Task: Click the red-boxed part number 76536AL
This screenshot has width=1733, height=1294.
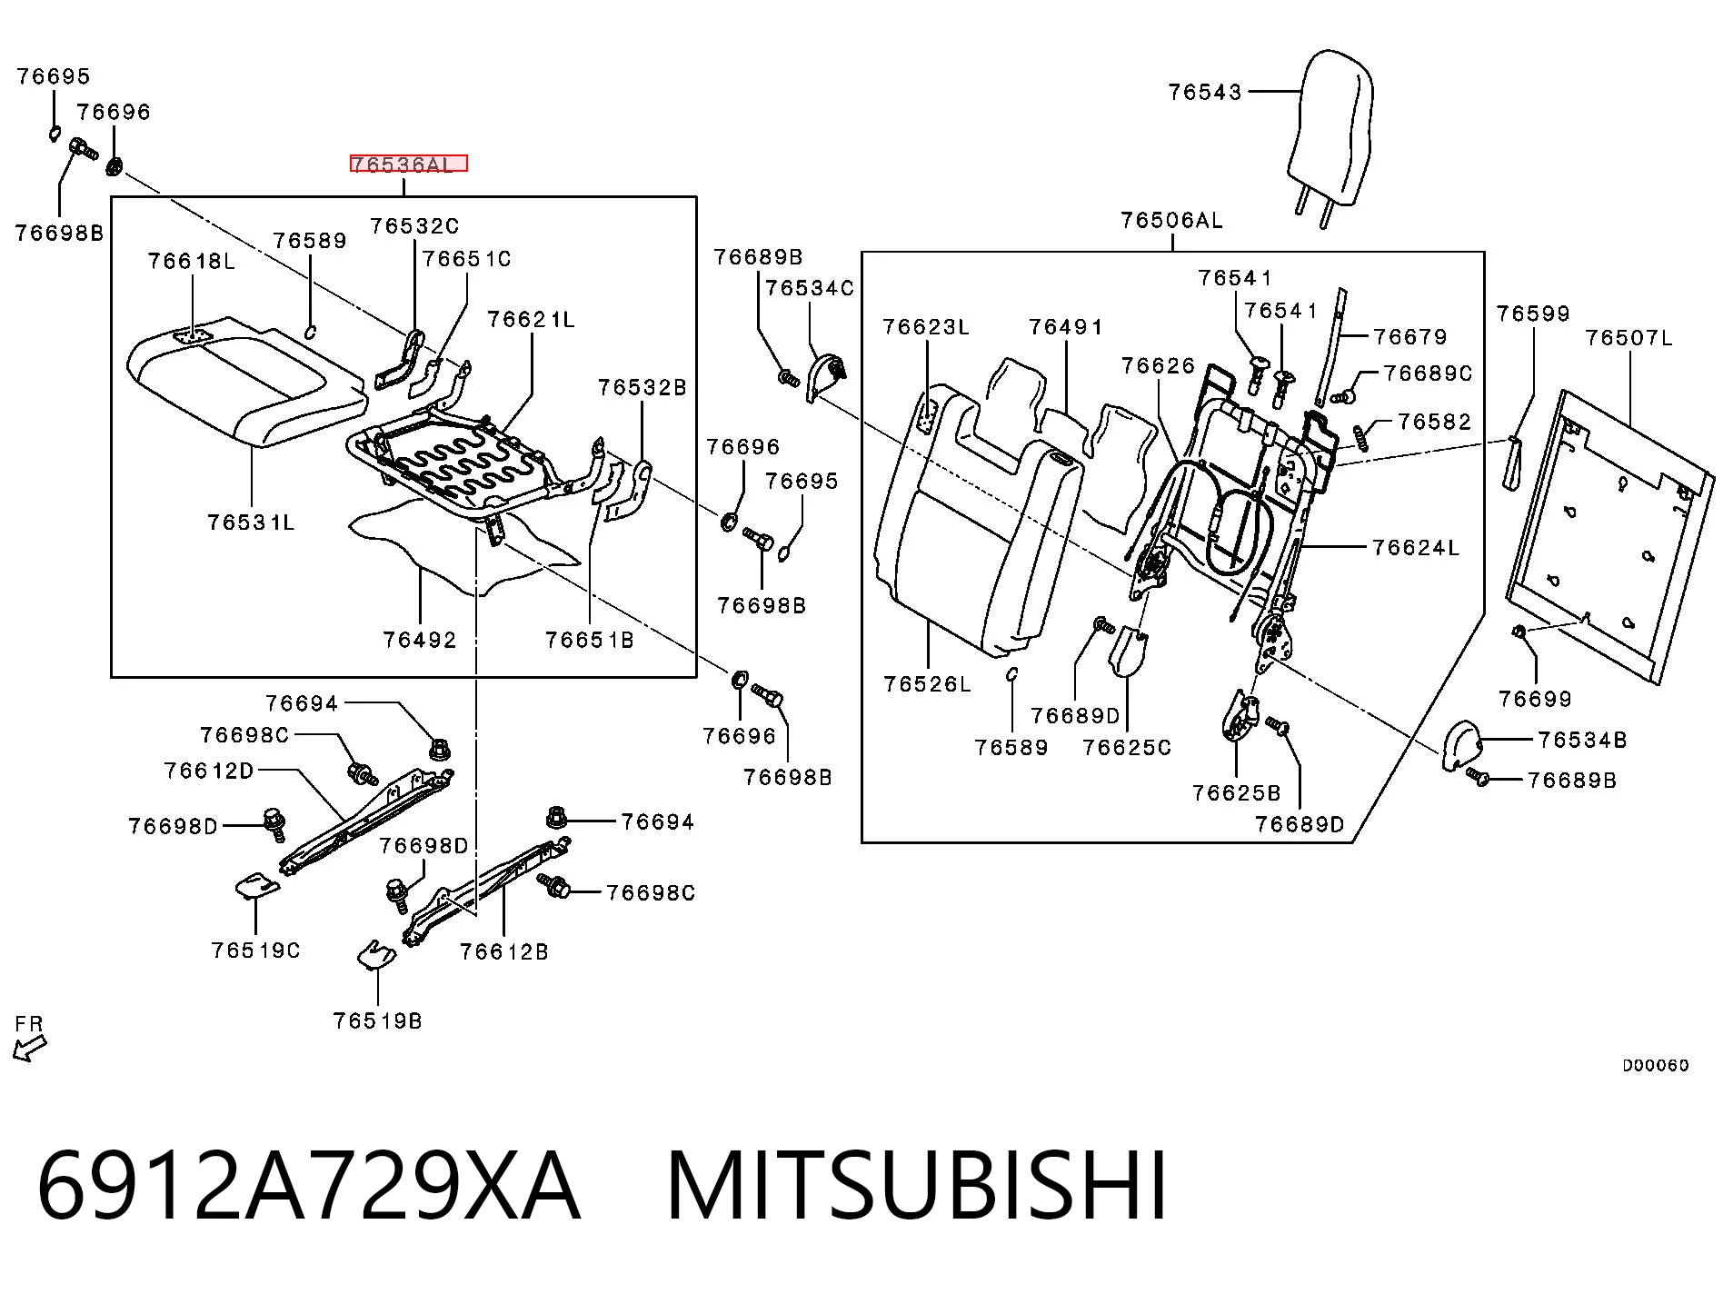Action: pyautogui.click(x=408, y=164)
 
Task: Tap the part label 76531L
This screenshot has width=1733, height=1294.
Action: pyautogui.click(x=251, y=523)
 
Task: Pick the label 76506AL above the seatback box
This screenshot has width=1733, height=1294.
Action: pyautogui.click(x=1171, y=220)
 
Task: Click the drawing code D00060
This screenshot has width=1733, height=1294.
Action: pyautogui.click(x=1656, y=1065)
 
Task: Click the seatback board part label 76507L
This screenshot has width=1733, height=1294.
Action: pyautogui.click(x=1628, y=338)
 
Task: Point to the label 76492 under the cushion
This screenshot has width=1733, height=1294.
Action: pyautogui.click(x=420, y=640)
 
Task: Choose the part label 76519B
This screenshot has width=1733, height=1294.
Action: pyautogui.click(x=377, y=1020)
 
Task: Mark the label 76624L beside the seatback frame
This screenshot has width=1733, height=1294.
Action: pyautogui.click(x=1416, y=547)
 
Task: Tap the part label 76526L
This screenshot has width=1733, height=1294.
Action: pyautogui.click(x=927, y=684)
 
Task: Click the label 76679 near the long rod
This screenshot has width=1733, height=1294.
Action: pyautogui.click(x=1410, y=337)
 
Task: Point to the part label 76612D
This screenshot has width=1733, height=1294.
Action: pyautogui.click(x=209, y=771)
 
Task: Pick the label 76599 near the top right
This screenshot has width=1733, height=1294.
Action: pyautogui.click(x=1533, y=314)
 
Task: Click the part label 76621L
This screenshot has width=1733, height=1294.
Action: pyautogui.click(x=531, y=320)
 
